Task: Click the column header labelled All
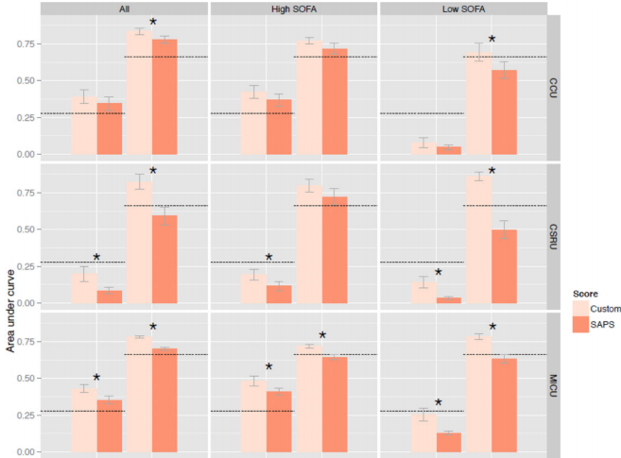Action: pyautogui.click(x=125, y=8)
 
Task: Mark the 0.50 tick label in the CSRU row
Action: pyautogui.click(x=26, y=229)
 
